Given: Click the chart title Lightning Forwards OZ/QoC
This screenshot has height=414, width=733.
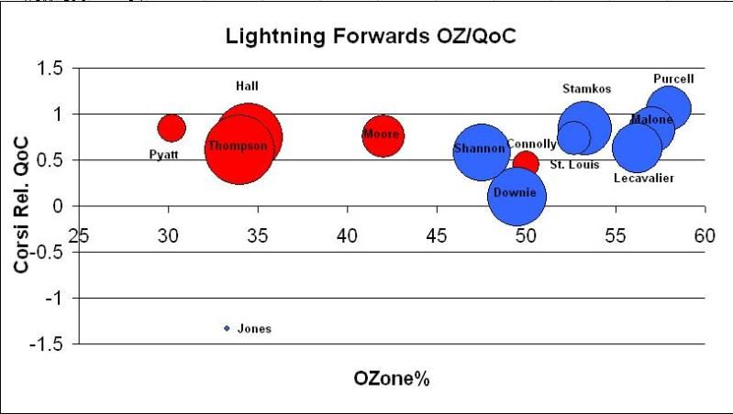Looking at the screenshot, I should pyautogui.click(x=366, y=38).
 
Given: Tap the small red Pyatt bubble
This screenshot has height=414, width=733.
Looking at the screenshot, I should pyautogui.click(x=172, y=127).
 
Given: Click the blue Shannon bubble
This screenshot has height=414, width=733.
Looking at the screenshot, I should pyautogui.click(x=481, y=150).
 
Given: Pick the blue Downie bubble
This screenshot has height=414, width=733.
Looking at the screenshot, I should pyautogui.click(x=516, y=195).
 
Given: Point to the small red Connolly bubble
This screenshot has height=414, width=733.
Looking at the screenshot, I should pyautogui.click(x=526, y=163).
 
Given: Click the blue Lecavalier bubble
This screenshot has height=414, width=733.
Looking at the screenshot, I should pyautogui.click(x=637, y=147).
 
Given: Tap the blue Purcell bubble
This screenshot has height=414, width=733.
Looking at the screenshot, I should pyautogui.click(x=669, y=107).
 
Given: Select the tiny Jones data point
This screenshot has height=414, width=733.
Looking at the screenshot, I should pyautogui.click(x=227, y=328).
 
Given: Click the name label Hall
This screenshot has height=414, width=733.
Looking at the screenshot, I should pyautogui.click(x=247, y=86).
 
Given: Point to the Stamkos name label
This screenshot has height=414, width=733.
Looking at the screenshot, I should pyautogui.click(x=586, y=89).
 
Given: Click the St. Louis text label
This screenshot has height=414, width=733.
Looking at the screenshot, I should pyautogui.click(x=574, y=165).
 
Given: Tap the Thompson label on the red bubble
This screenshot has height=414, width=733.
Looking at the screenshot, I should pyautogui.click(x=237, y=147).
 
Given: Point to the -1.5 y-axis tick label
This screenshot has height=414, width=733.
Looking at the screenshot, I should pyautogui.click(x=50, y=344).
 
